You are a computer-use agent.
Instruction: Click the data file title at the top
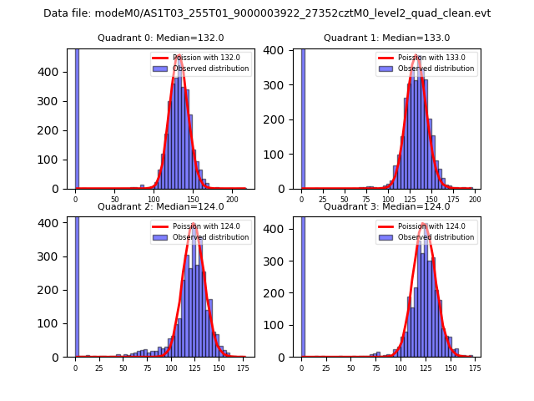coord(267,13)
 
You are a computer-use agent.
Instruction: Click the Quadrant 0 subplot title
coord(161,38)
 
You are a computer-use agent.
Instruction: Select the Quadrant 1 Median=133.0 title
coord(387,38)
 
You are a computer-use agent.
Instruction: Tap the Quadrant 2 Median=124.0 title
coord(161,206)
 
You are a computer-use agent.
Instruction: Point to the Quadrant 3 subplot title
coord(387,206)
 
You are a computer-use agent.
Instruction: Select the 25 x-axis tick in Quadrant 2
coord(99,368)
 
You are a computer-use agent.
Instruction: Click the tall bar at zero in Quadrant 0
coord(76,117)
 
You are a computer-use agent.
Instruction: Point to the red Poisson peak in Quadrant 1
coord(416,58)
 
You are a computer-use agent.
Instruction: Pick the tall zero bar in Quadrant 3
coord(302,284)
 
